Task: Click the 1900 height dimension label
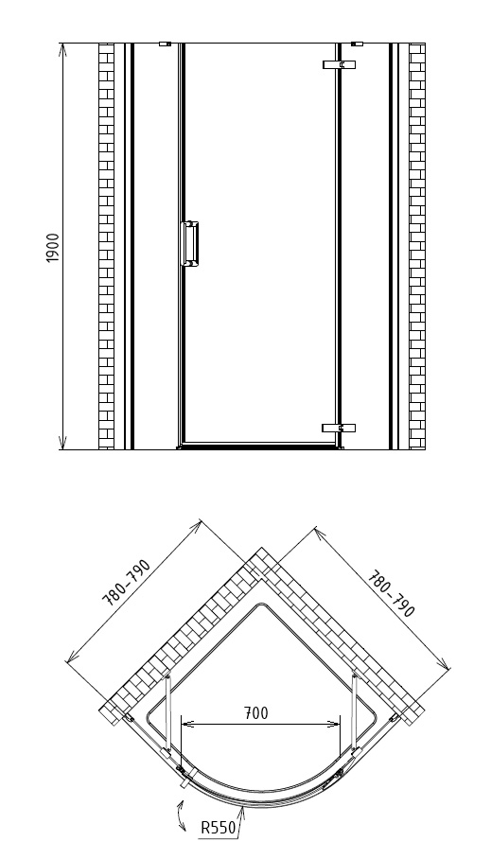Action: click(x=53, y=248)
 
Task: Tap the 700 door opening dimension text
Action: click(x=256, y=712)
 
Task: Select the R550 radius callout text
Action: click(x=218, y=827)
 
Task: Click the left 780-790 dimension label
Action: click(x=126, y=583)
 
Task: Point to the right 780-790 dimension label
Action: click(x=392, y=594)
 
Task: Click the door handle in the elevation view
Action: click(x=189, y=244)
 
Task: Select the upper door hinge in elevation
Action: click(x=340, y=64)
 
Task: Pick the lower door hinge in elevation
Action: click(x=339, y=428)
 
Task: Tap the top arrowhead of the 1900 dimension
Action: click(x=62, y=49)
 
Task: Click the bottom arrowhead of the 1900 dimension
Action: click(x=62, y=443)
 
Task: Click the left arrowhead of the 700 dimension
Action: click(x=187, y=724)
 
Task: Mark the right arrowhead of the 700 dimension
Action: click(x=334, y=724)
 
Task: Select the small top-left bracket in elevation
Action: click(x=165, y=44)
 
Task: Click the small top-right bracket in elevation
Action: click(x=357, y=44)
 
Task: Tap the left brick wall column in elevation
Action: click(x=106, y=247)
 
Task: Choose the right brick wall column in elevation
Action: click(x=417, y=247)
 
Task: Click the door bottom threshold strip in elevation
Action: click(x=260, y=447)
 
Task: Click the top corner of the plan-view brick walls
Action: click(x=261, y=548)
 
